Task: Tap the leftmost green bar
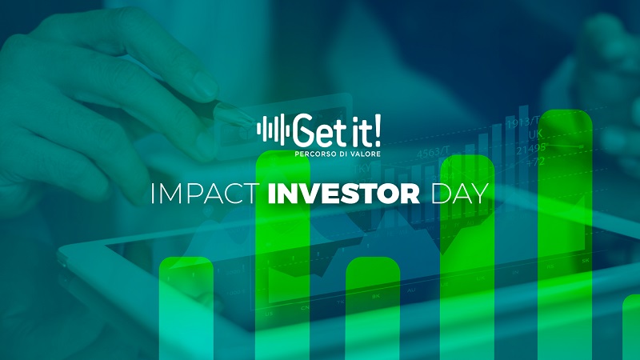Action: click(x=186, y=308)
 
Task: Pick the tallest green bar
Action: click(x=565, y=240)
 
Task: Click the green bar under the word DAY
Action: click(x=468, y=264)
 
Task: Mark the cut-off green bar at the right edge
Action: click(x=632, y=328)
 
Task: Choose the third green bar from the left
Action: click(x=373, y=308)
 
